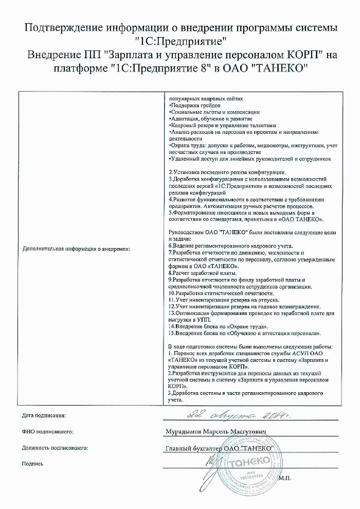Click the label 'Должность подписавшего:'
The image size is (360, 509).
[55, 448]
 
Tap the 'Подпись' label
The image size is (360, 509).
[32, 464]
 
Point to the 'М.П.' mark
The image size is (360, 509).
[284, 478]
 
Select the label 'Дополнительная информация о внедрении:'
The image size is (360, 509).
[76, 249]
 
